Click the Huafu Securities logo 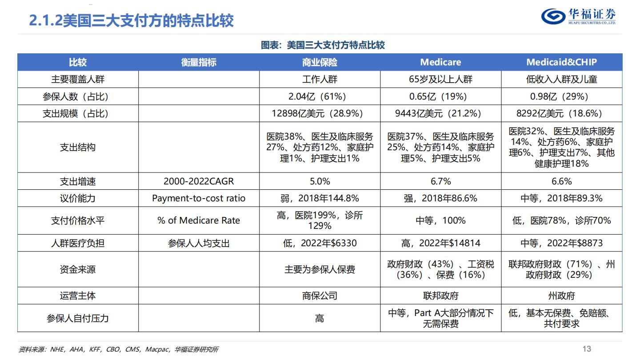pos(578,17)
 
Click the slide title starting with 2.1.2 pos(132,20)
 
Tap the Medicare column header pos(440,62)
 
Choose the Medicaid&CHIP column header pos(561,62)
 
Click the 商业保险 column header pos(320,62)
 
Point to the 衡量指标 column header pos(199,62)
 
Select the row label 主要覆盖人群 pos(78,80)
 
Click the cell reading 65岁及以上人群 pos(440,80)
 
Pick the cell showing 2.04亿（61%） pos(320,96)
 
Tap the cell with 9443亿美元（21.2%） pos(440,113)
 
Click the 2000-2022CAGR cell pos(199,181)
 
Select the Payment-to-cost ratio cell pos(199,198)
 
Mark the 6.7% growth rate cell pos(440,181)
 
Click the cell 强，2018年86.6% pos(440,198)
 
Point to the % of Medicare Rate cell pos(199,220)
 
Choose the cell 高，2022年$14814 pos(440,243)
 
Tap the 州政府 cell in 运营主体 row pos(561,296)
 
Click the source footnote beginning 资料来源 pos(119,349)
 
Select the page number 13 pos(587,349)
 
